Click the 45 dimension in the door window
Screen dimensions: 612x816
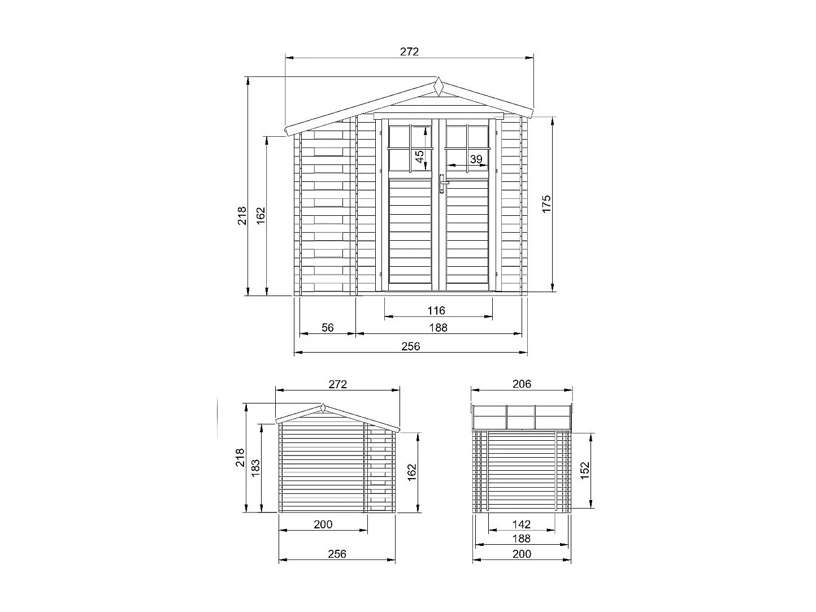[419, 157]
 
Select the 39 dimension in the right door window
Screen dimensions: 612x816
[476, 159]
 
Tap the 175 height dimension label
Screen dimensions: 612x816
[546, 204]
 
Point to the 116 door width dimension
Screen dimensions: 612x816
[436, 310]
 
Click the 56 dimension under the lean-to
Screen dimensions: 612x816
[328, 327]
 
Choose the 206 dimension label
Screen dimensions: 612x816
[522, 384]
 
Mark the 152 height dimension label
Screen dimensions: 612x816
[584, 470]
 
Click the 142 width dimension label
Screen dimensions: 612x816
[521, 524]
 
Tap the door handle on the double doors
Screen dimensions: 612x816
[442, 183]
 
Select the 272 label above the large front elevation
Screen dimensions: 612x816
[409, 51]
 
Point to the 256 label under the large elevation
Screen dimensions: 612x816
[411, 346]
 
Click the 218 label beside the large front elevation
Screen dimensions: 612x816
[242, 216]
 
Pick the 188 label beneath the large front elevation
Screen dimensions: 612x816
[438, 327]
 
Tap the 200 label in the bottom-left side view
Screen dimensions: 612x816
[323, 524]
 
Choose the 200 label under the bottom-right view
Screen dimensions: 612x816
[522, 554]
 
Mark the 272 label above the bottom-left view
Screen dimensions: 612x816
[337, 384]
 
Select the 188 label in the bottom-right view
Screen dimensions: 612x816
[521, 539]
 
